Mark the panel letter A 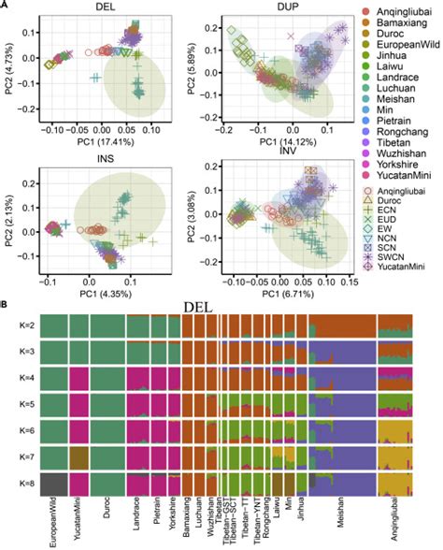pos(7,7)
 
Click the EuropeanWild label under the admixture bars pos(50,524)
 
